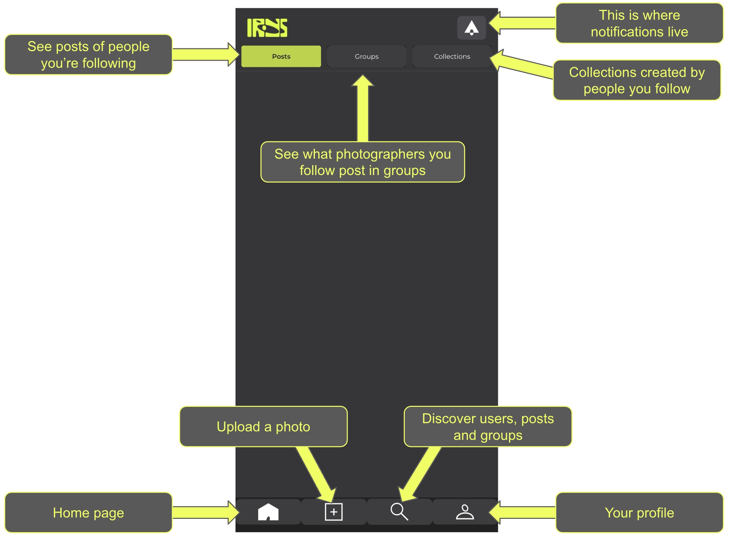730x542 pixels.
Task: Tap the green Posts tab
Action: tap(281, 56)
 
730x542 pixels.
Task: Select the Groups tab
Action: tap(366, 56)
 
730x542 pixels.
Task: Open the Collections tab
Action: tap(452, 56)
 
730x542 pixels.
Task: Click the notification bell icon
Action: tap(471, 28)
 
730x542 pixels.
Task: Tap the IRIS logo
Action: tap(267, 28)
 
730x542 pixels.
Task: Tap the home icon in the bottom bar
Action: tap(268, 512)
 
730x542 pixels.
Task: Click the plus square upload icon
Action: tap(334, 512)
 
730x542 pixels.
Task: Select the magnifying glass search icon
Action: tap(399, 511)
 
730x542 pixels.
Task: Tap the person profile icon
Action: tap(465, 512)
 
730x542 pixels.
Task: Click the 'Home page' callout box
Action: tap(88, 512)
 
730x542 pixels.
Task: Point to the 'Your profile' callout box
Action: tap(639, 512)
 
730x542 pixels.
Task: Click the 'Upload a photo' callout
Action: tap(263, 426)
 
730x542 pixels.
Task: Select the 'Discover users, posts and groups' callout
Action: tap(488, 426)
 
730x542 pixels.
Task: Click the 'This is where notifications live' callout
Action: tap(639, 23)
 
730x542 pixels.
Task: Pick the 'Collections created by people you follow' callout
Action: tap(637, 80)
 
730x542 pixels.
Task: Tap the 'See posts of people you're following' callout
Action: tap(88, 54)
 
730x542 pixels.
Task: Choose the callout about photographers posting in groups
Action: tap(363, 162)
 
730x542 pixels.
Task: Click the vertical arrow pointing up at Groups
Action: tap(363, 108)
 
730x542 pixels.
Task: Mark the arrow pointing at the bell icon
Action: tap(522, 23)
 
